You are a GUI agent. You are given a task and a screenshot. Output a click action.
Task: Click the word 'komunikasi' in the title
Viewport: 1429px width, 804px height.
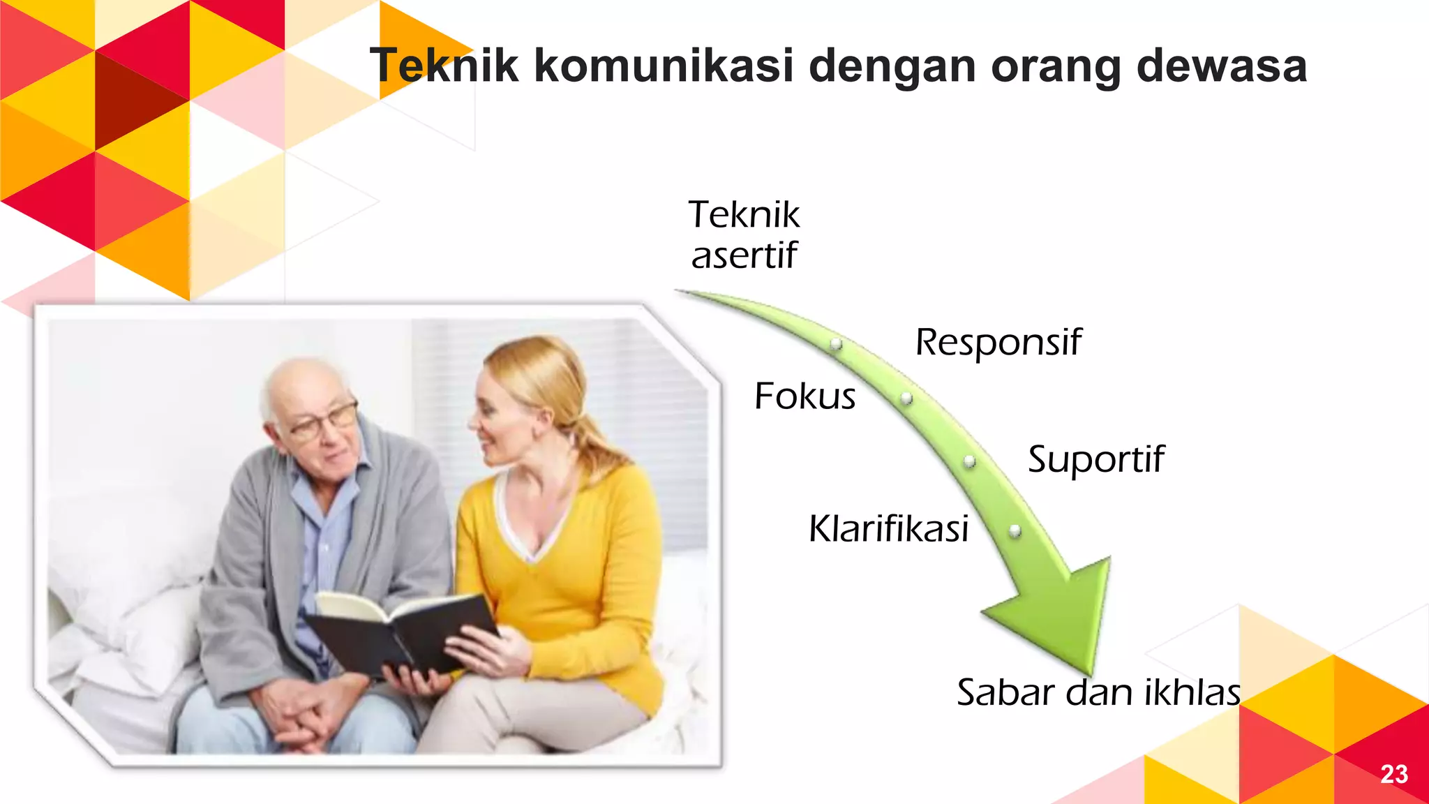tap(664, 66)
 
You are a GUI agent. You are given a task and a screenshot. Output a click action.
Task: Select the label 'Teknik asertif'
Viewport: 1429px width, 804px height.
tap(744, 234)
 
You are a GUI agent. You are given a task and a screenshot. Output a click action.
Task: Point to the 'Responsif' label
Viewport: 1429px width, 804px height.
tap(998, 342)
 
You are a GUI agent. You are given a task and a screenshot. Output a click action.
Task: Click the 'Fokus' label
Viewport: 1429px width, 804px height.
tap(805, 396)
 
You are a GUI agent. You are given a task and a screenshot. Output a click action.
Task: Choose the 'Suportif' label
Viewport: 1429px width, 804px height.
tap(1095, 459)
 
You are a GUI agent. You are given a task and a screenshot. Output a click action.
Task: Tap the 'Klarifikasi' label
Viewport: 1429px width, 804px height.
tap(888, 528)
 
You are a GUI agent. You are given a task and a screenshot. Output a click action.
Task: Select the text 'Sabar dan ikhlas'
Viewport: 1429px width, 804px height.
tap(1098, 692)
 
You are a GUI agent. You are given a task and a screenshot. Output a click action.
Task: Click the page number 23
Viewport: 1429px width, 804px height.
tap(1393, 774)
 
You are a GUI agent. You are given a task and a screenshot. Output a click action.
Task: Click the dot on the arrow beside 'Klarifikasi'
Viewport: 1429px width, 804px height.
tap(1015, 530)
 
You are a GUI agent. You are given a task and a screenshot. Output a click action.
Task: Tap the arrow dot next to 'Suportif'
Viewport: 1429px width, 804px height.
tap(969, 461)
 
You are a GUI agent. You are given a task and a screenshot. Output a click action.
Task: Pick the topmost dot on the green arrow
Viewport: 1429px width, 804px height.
tap(835, 344)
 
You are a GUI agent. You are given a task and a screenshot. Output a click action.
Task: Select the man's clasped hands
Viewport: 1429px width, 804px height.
tap(300, 712)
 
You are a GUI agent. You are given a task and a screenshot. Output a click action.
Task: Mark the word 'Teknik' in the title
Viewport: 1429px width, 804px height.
tap(444, 66)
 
